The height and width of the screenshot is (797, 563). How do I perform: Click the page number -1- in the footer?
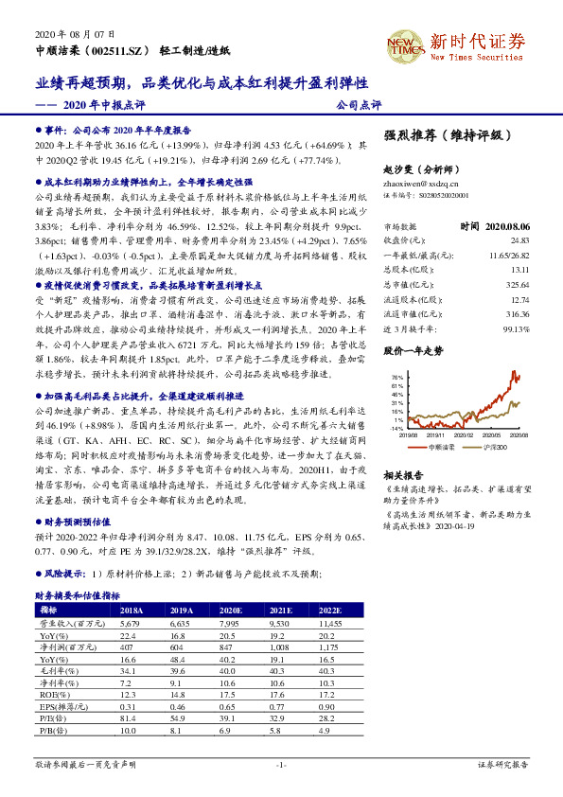[x=281, y=763]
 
